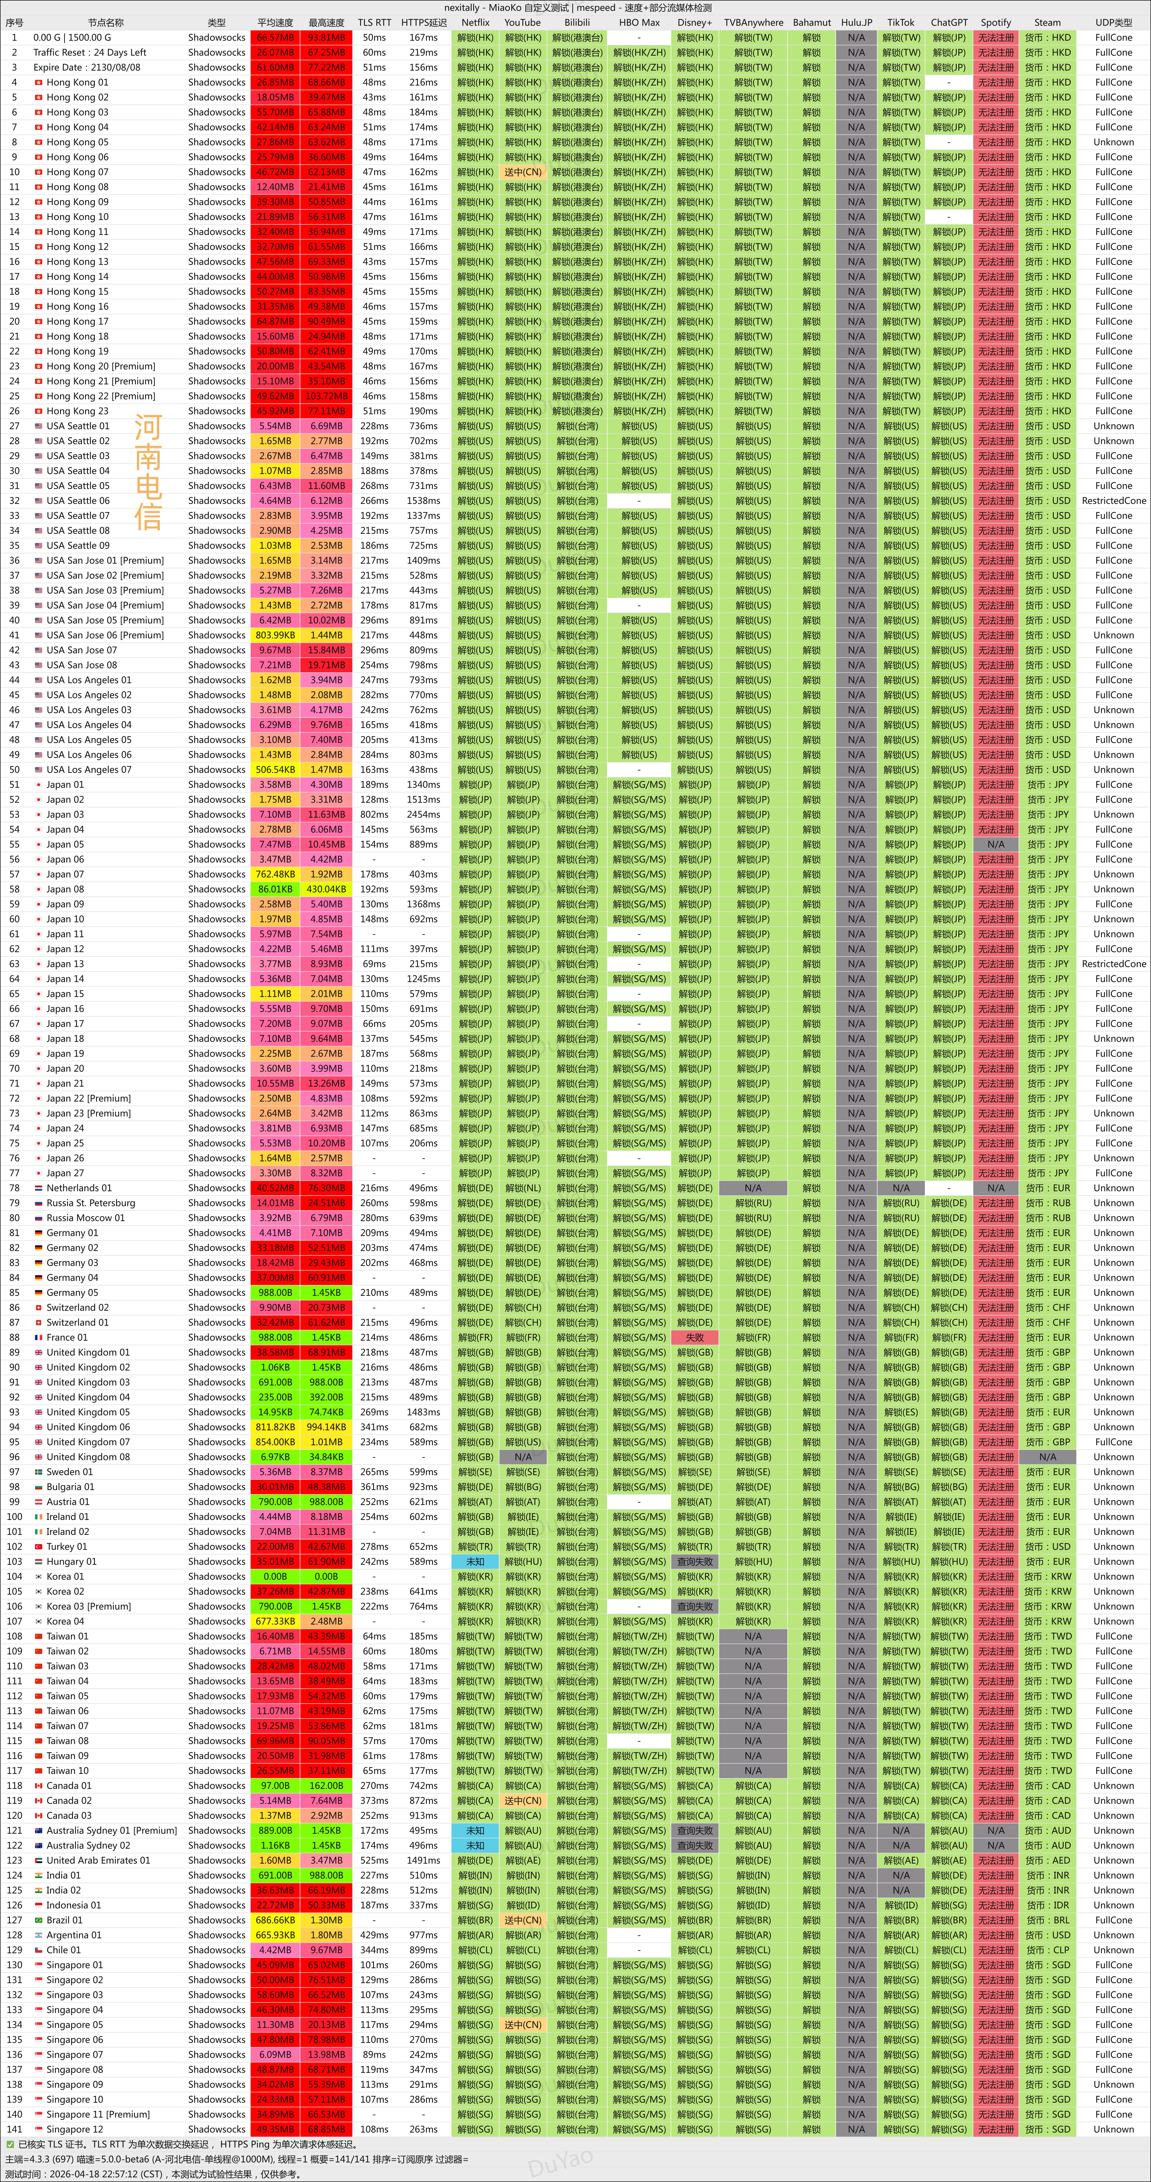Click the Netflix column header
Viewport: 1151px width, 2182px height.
(475, 23)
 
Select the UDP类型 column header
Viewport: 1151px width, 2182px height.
(1113, 23)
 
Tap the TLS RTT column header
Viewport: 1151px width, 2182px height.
(373, 23)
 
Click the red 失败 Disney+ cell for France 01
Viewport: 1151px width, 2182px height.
(695, 1338)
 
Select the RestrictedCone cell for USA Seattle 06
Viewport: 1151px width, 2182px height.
(1113, 501)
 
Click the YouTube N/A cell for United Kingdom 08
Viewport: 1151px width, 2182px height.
(523, 1457)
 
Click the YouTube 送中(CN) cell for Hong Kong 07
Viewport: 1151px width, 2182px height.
(523, 172)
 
